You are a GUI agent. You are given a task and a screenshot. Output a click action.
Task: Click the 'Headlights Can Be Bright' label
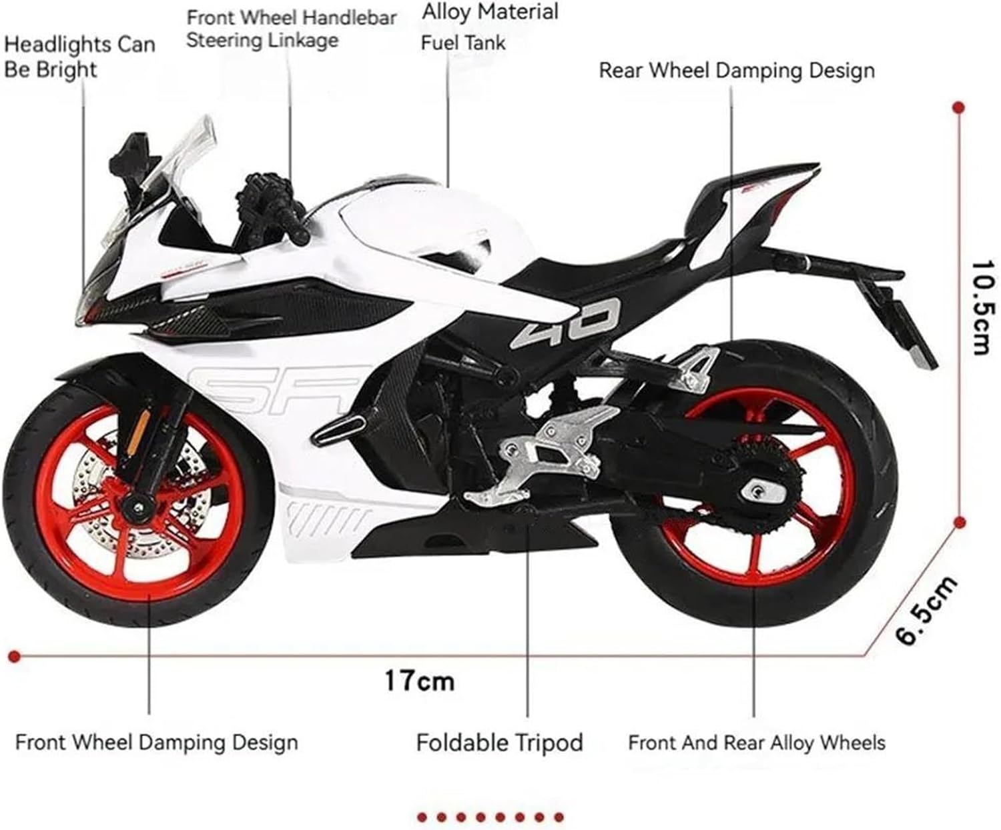(x=79, y=57)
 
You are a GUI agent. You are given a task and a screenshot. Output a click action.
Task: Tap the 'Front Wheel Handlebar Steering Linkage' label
(x=291, y=29)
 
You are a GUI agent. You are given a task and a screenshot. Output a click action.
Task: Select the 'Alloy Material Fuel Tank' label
(x=489, y=27)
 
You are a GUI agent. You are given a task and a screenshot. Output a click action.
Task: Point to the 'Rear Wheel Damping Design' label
(x=736, y=70)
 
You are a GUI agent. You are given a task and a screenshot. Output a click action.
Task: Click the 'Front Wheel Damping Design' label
(x=156, y=742)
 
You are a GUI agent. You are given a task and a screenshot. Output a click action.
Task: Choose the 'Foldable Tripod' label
(x=499, y=742)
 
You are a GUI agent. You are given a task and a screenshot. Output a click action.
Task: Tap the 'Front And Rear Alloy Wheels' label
(x=756, y=742)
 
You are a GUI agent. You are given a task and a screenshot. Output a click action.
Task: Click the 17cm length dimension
(x=419, y=681)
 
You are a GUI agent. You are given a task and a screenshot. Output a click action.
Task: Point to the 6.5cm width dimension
(x=927, y=611)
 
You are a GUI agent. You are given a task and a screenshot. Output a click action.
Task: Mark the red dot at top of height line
(x=959, y=107)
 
